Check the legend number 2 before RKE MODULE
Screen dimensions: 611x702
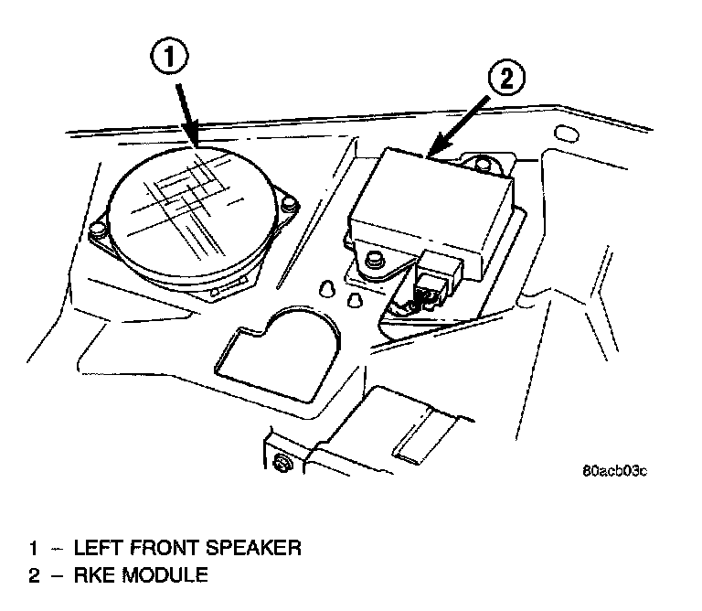[34, 575]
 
